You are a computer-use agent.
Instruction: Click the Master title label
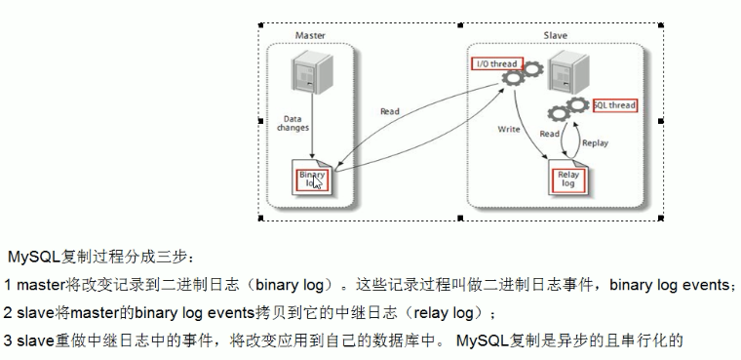(311, 35)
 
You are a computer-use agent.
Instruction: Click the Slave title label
(556, 35)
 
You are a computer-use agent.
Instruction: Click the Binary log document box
(313, 179)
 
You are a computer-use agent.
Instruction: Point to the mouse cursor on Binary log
(318, 182)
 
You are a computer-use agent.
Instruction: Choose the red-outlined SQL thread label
(613, 104)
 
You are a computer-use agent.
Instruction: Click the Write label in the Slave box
(509, 128)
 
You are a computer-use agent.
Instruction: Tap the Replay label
(595, 142)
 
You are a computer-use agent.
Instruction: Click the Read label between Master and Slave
(390, 111)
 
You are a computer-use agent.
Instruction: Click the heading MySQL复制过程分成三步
(94, 257)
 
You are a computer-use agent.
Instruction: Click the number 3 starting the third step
(8, 341)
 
